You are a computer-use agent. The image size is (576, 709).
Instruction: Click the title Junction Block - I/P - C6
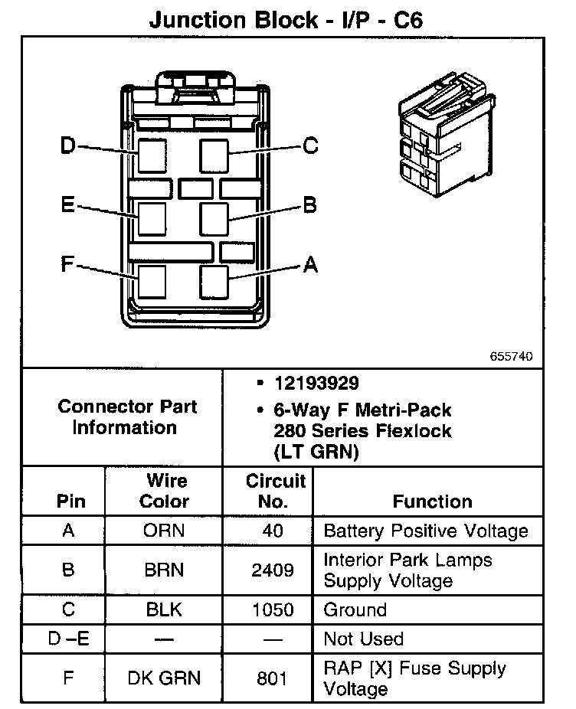click(x=286, y=19)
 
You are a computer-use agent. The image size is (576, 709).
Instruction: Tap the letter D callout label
click(x=69, y=145)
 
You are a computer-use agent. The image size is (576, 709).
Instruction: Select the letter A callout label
click(x=310, y=265)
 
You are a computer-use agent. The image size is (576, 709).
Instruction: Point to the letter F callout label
click(x=67, y=266)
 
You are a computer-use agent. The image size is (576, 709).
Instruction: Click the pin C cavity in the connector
click(x=214, y=155)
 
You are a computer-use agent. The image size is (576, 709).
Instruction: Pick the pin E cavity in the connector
click(x=152, y=218)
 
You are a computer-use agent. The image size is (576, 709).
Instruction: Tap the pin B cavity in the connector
click(x=214, y=219)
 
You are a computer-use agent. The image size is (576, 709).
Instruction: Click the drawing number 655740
click(x=512, y=357)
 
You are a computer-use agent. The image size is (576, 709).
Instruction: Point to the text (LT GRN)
click(x=316, y=452)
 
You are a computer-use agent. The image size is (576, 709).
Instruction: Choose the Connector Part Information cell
click(x=126, y=417)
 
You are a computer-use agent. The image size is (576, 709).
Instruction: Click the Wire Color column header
click(x=165, y=492)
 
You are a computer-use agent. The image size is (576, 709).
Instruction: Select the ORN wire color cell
click(x=164, y=531)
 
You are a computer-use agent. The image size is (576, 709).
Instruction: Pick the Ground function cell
click(x=355, y=610)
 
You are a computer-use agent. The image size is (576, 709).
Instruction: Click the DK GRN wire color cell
click(x=164, y=678)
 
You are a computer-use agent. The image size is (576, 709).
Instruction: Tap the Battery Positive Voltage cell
click(x=425, y=531)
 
